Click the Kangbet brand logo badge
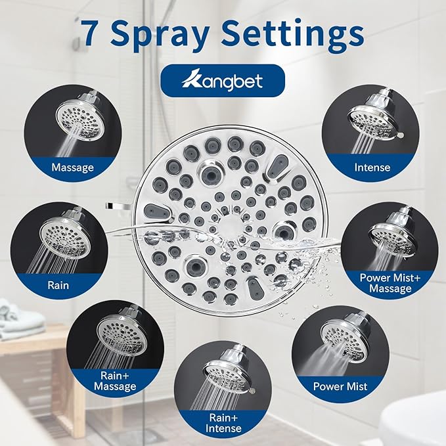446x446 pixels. pyautogui.click(x=222, y=80)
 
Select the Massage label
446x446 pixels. pyautogui.click(x=73, y=167)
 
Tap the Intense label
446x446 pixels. pyautogui.click(x=371, y=167)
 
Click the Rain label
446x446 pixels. pyautogui.click(x=58, y=286)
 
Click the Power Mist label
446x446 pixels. pyautogui.click(x=340, y=386)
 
